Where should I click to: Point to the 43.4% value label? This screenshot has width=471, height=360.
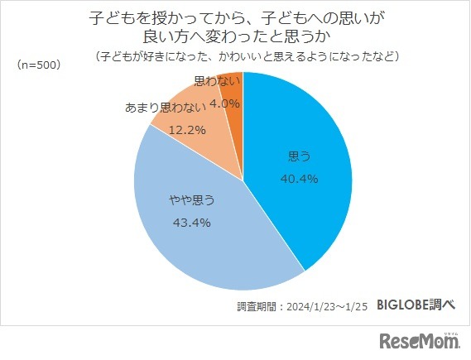click(191, 222)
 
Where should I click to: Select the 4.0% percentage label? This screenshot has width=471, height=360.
click(224, 103)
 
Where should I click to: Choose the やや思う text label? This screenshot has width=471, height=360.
click(191, 199)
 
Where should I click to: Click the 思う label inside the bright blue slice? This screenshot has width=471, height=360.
click(299, 156)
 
